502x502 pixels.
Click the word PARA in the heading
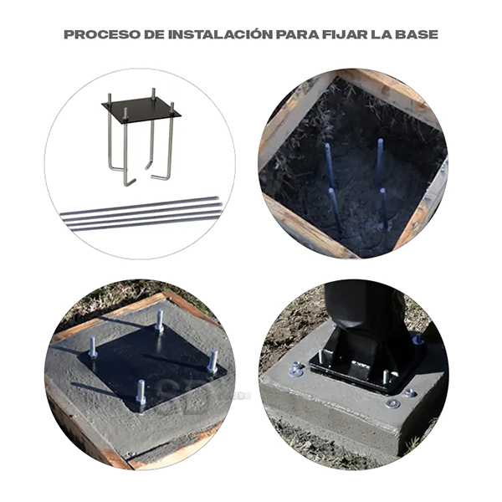tap(297, 34)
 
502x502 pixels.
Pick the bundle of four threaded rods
tap(141, 213)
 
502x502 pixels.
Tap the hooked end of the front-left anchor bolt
tap(130, 182)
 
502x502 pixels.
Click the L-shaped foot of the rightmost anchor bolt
tap(161, 177)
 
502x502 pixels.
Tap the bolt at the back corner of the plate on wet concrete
tap(159, 321)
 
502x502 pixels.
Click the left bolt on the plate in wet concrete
tap(92, 346)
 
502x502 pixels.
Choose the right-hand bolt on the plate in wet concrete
tap(213, 361)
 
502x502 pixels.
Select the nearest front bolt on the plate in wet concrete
tap(141, 392)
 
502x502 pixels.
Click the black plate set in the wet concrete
tap(152, 365)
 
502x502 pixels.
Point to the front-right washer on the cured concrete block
tap(393, 404)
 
